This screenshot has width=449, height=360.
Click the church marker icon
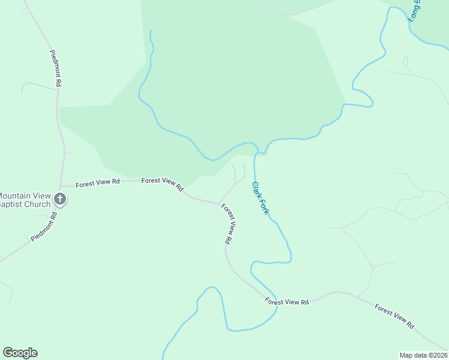pyautogui.click(x=59, y=199)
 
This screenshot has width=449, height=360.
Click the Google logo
pyautogui.click(x=20, y=353)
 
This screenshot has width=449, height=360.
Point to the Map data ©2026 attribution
pyautogui.click(x=423, y=355)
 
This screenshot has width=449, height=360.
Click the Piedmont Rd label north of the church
pyautogui.click(x=55, y=69)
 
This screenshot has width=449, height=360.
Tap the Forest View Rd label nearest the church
pyautogui.click(x=97, y=182)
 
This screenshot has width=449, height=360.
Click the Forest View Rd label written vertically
pyautogui.click(x=228, y=224)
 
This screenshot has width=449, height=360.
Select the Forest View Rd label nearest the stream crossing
pyautogui.click(x=287, y=302)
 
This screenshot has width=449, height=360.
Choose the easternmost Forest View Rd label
pyautogui.click(x=394, y=316)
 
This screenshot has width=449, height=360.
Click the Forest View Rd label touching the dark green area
pyautogui.click(x=163, y=184)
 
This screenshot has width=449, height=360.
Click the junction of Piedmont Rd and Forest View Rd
pyautogui.click(x=60, y=187)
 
